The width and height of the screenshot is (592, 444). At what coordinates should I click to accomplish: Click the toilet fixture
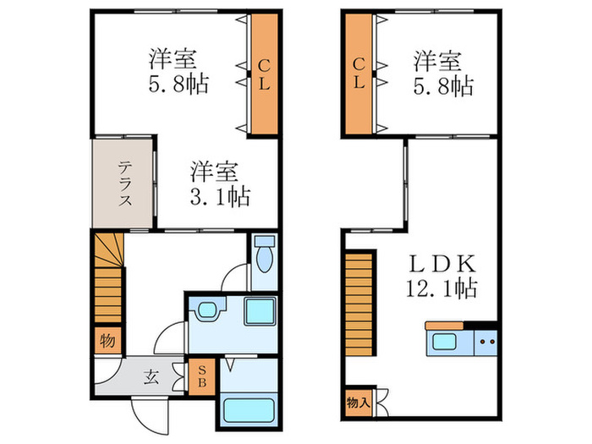264,254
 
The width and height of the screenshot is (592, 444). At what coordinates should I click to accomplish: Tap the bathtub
249,410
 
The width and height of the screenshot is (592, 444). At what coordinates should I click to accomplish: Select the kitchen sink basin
444,342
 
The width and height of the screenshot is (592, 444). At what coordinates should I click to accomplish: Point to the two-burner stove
486,342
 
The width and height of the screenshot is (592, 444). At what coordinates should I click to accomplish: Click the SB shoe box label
202,376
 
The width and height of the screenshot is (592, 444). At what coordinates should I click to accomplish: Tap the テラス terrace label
125,184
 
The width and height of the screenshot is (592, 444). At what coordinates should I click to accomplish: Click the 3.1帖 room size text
220,196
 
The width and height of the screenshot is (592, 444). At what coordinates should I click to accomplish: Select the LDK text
442,264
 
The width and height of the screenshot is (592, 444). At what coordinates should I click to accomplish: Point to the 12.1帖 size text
441,288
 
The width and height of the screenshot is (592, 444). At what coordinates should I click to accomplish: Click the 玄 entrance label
151,377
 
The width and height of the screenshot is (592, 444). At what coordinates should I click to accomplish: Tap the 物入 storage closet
358,403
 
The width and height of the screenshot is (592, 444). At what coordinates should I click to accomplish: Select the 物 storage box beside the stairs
107,341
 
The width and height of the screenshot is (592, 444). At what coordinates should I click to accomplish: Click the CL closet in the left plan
264,74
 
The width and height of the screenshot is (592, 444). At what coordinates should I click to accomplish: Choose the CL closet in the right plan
359,74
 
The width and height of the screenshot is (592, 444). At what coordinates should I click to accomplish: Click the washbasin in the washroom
207,310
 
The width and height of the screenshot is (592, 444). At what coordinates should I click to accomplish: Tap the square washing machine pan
260,311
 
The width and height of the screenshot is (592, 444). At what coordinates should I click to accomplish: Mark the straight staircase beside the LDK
359,304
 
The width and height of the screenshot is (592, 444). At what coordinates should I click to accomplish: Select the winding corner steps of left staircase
109,250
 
